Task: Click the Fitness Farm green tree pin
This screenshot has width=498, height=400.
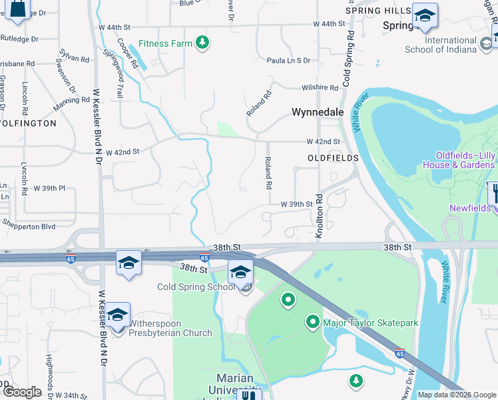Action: [203, 44]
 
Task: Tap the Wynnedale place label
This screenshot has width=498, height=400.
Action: [318, 113]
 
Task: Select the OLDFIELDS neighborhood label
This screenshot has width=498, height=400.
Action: [333, 158]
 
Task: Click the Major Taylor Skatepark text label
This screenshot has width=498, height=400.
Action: [370, 323]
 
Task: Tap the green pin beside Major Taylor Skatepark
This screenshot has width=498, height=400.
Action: [313, 323]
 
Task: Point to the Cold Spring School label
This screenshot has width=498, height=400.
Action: [195, 287]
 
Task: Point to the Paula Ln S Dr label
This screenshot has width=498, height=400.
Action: [288, 61]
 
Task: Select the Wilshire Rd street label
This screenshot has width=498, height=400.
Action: [320, 87]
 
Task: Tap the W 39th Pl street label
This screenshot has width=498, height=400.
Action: [50, 189]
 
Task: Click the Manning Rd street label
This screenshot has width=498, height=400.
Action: [72, 104]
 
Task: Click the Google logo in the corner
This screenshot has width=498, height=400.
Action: [21, 391]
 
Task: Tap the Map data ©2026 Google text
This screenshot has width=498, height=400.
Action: [456, 395]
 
